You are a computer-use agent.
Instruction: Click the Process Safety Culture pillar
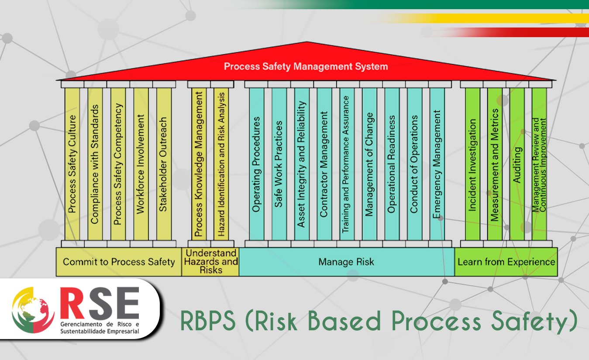(72, 164)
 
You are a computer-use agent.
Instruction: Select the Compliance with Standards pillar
(95, 164)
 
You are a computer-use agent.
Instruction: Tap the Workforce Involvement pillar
(141, 164)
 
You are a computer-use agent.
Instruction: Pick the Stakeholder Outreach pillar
(163, 164)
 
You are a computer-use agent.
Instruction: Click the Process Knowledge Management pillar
(199, 164)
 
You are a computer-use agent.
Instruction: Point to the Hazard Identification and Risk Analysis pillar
(221, 164)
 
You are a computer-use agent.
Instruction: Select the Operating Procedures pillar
(256, 164)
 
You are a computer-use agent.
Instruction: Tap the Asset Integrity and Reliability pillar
(301, 164)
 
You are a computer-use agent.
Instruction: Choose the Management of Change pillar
(369, 164)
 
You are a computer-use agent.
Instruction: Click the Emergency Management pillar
(437, 164)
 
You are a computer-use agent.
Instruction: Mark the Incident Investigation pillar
(472, 164)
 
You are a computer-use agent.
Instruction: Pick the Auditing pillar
(517, 164)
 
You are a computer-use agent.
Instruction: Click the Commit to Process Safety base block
(119, 262)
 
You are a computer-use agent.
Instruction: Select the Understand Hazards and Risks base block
(210, 262)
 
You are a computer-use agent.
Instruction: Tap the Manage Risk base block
(346, 262)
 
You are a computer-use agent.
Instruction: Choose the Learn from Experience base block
(506, 262)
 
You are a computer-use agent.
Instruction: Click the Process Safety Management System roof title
(306, 67)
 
